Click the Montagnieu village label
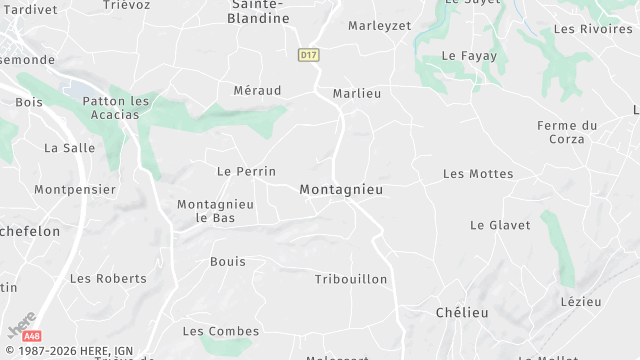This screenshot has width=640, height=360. coord(341,189)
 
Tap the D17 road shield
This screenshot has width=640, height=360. coord(308,55)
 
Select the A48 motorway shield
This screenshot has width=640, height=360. coord(32,336)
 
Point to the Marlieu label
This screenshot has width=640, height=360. coord(357,93)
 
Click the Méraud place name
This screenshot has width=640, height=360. coord(257,91)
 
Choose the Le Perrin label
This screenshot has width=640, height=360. coord(246,172)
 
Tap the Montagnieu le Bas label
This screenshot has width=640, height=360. coord(215,211)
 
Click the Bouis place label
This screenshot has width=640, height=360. coord(228,262)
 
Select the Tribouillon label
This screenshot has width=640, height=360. coord(351,279)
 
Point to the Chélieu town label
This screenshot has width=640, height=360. coord(462,313)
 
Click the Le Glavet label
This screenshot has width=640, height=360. coord(500,225)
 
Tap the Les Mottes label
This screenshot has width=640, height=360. coord(478,174)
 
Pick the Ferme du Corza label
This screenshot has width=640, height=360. coord(567,132)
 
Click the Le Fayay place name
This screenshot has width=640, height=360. coord(469,56)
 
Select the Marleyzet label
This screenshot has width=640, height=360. coord(379,26)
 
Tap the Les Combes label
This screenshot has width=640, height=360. coord(221,331)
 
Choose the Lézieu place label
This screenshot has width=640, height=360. coord(581,301)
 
